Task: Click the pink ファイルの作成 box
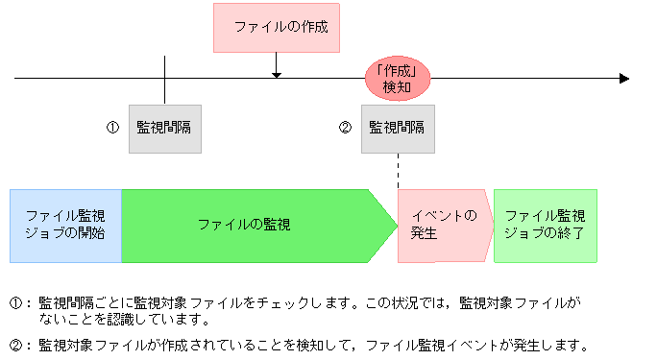[x=276, y=27]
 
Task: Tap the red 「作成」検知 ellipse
[x=397, y=78]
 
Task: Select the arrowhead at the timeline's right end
[x=623, y=78]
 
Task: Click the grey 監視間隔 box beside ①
[x=165, y=128]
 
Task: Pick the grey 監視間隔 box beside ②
[x=398, y=128]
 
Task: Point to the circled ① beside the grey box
[x=111, y=127]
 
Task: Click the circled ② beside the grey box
[x=346, y=127]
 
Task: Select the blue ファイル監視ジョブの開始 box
[x=65, y=226]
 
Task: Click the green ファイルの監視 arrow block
[x=245, y=226]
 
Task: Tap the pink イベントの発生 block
[x=442, y=226]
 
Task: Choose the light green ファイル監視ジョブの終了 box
[x=545, y=226]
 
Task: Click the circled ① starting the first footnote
[x=15, y=302]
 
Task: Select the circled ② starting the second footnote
[x=15, y=345]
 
